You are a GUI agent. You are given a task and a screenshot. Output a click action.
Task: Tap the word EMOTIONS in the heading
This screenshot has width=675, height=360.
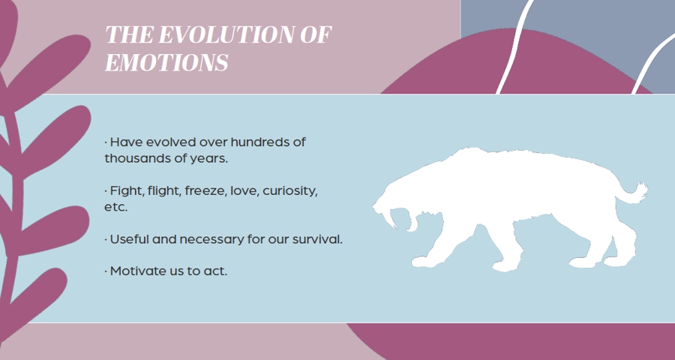coord(166,62)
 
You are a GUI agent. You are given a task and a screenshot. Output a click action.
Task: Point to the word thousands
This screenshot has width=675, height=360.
coord(138,158)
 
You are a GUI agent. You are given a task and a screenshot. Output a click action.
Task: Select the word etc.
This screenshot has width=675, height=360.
coord(116,207)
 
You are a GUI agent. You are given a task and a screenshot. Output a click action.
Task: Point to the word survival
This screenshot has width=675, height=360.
coord(317,239)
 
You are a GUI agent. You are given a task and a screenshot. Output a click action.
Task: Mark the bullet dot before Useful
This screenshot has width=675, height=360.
coord(106,239)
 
